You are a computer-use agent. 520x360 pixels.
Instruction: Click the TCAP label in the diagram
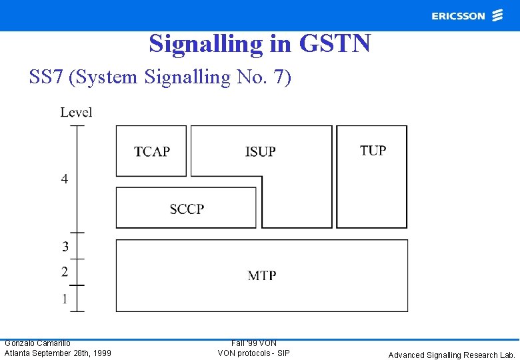point(152,152)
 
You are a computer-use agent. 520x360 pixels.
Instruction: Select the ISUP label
point(260,152)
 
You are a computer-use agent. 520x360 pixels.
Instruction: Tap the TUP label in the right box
point(373,151)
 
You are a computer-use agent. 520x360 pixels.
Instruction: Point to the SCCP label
point(187,209)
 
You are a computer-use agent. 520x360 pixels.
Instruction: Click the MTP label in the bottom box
point(262,275)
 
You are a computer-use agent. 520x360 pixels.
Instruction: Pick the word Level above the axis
point(76,113)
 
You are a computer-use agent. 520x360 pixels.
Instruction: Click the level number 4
point(65,179)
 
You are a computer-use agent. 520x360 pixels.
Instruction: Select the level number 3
point(65,247)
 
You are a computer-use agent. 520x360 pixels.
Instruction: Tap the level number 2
point(65,272)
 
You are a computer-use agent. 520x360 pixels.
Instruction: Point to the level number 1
point(65,299)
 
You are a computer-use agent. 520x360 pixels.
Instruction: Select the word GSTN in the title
point(335,44)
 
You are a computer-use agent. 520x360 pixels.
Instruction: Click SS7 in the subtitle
point(46,77)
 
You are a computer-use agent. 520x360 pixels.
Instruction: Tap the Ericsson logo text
point(458,16)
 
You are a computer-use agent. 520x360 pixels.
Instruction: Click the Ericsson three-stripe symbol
point(497,15)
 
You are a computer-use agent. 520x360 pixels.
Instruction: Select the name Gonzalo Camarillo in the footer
point(37,343)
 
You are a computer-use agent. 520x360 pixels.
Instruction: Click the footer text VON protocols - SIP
point(253,353)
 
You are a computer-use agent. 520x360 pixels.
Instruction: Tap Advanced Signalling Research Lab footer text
point(452,355)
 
